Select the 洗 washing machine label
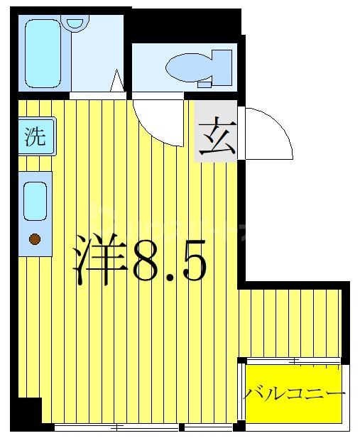pyautogui.click(x=36, y=136)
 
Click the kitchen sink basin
pyautogui.click(x=35, y=201)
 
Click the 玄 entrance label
pyautogui.click(x=216, y=138)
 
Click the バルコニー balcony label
pyautogui.click(x=295, y=394)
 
